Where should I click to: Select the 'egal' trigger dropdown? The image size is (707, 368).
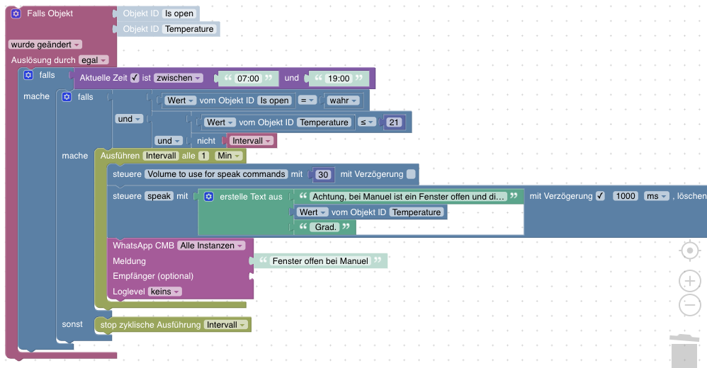tap(94, 60)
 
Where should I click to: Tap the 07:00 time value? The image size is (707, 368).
tap(248, 79)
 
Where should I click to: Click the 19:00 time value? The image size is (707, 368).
tap(339, 79)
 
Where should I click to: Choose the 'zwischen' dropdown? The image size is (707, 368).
tap(179, 78)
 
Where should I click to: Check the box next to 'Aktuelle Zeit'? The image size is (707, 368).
tap(135, 78)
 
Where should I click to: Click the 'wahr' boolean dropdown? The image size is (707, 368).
tap(343, 100)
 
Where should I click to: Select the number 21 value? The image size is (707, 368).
tap(395, 122)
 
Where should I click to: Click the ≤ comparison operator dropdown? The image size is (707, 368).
tap(368, 122)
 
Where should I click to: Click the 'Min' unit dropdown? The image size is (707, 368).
tap(229, 156)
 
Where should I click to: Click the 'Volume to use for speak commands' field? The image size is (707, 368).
tap(216, 174)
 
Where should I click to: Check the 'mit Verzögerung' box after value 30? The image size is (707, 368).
tap(411, 174)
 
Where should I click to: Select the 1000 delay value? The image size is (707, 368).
tap(625, 196)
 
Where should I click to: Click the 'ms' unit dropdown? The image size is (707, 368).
tap(656, 196)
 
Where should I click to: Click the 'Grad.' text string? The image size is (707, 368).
tap(326, 227)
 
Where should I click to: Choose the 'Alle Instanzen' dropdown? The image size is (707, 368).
tap(211, 246)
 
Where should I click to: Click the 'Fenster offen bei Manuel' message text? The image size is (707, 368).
tap(321, 261)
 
